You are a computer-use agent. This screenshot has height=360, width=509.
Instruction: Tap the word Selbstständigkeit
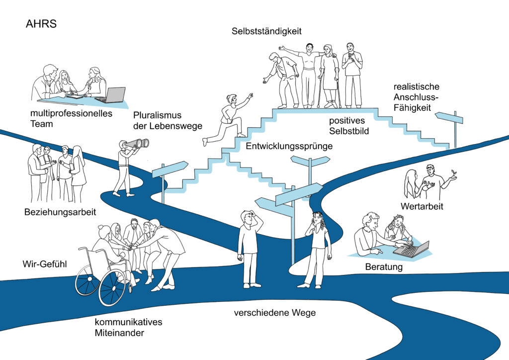click(x=266, y=31)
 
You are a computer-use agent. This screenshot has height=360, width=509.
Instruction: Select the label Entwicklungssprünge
click(x=289, y=146)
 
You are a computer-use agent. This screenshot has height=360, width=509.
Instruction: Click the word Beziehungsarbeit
click(x=60, y=212)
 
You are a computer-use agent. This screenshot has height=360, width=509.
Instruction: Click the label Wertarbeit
click(x=421, y=206)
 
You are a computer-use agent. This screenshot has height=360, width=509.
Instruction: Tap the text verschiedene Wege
click(x=275, y=313)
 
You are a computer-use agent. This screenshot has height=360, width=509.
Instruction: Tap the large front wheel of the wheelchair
click(x=112, y=287)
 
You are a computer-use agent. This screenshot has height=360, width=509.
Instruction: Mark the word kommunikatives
click(x=128, y=322)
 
